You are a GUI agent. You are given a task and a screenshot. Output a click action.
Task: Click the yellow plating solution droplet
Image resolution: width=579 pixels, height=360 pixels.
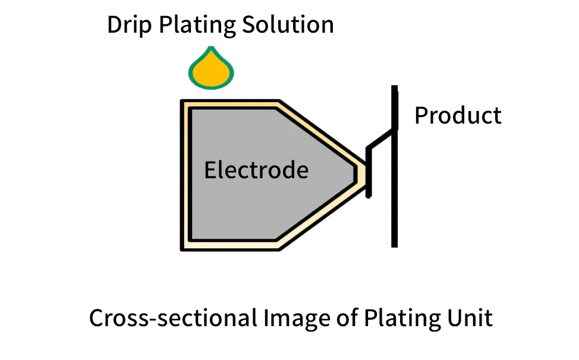211,68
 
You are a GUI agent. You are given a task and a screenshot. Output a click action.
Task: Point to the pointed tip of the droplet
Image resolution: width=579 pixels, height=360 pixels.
211,48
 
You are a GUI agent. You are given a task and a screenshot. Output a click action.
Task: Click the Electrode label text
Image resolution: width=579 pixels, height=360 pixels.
256,170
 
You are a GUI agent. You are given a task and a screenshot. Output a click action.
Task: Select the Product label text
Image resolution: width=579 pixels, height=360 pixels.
458,115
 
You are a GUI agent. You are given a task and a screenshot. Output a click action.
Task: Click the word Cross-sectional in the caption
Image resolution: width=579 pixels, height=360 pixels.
172,318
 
